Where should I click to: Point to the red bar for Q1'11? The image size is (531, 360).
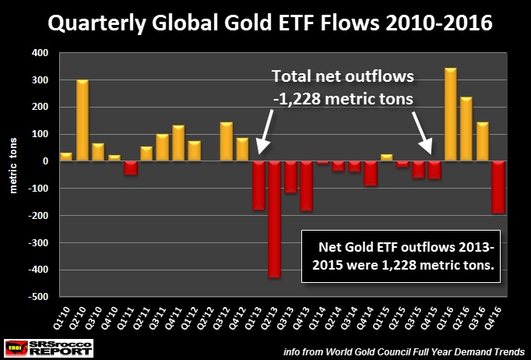[131, 168]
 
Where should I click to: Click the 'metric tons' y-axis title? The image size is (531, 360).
[13, 175]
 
